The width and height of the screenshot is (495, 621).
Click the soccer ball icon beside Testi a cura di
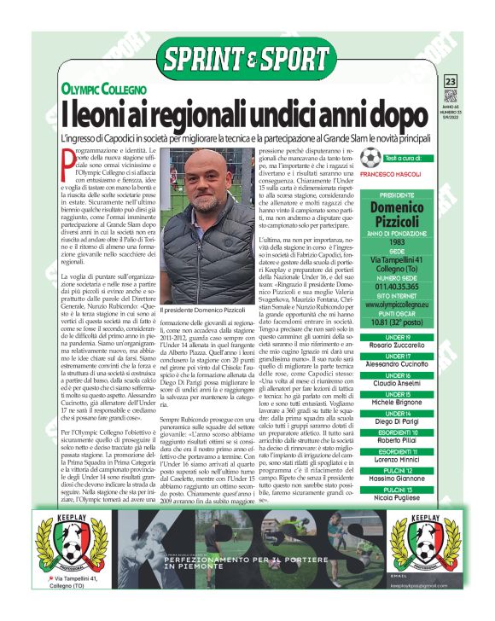tap(370, 157)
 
